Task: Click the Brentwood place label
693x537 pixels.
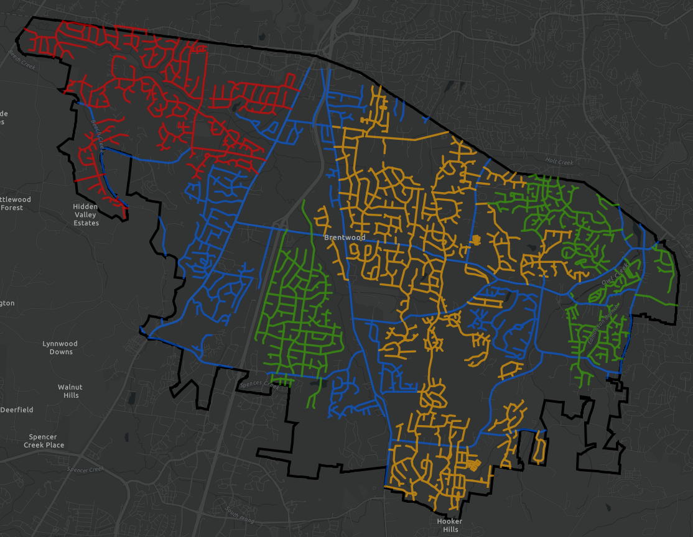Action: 344,237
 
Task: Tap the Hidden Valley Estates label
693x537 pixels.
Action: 85,214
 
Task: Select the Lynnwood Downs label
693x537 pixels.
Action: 60,347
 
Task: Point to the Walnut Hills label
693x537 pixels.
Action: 70,391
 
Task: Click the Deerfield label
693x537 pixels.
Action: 17,410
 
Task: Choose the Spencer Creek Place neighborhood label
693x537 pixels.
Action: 44,441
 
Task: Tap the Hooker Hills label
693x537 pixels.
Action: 449,525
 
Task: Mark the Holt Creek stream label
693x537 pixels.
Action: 558,162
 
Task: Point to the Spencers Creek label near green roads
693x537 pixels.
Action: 259,385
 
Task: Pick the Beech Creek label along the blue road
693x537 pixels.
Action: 96,132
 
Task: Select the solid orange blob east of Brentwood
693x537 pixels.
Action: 477,239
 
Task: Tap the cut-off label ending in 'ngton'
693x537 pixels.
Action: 7,303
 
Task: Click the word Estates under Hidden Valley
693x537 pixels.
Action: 86,223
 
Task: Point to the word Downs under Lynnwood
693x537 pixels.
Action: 61,352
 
